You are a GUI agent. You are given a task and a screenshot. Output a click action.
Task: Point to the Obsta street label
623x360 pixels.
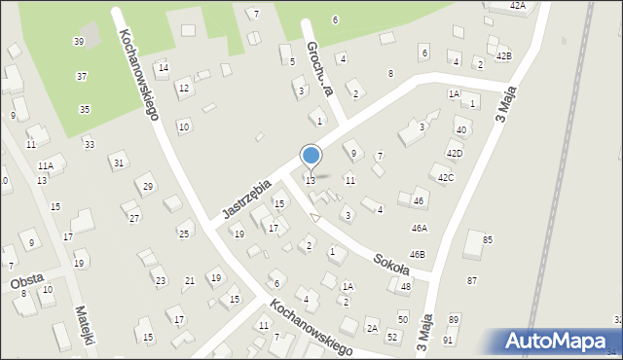pos(26,280)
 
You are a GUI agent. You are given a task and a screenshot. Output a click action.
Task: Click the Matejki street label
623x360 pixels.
pos(86,327)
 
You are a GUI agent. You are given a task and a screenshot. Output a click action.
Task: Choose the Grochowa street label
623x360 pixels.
pos(320,68)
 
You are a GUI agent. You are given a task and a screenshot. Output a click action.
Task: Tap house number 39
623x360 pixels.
pos(78,42)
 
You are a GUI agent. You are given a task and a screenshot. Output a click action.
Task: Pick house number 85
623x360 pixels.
pos(487,239)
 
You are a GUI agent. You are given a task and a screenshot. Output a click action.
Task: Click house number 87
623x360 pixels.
pos(472,280)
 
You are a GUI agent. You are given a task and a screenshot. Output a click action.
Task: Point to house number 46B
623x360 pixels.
pos(417,254)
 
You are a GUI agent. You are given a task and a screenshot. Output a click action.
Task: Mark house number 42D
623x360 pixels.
pos(455,154)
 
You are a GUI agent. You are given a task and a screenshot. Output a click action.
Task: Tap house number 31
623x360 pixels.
pos(118,163)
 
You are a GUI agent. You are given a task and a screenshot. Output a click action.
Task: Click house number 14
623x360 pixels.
pos(163,68)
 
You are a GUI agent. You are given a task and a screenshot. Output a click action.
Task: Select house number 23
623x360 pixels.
pos(160,281)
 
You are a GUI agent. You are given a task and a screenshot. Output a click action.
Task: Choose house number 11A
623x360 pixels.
pos(45,168)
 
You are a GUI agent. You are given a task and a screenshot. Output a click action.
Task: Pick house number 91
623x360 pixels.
pos(448,340)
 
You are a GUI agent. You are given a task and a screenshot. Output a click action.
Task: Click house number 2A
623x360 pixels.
pos(372,329)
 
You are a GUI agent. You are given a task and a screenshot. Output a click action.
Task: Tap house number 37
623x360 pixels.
pos(82,76)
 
